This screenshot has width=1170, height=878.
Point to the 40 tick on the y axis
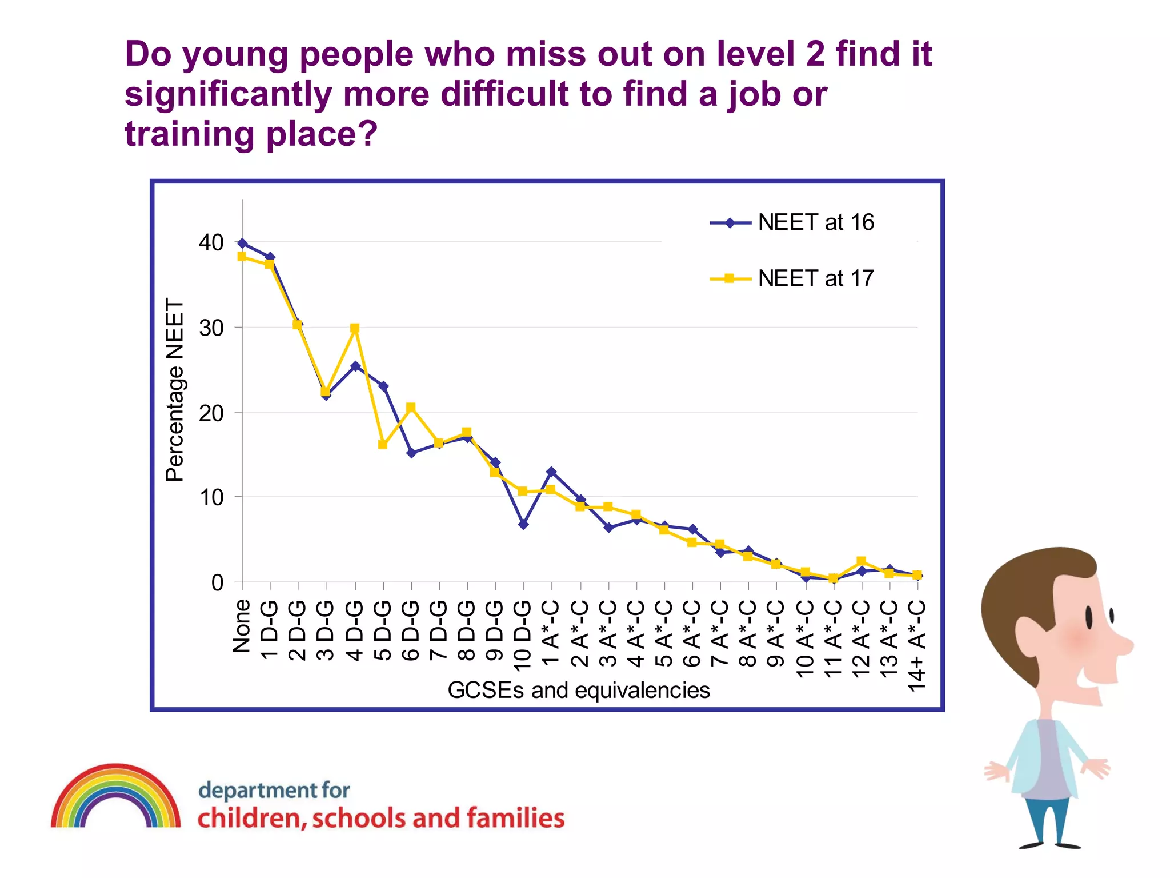pyautogui.click(x=211, y=242)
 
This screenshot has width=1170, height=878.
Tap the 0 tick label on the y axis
pyautogui.click(x=217, y=582)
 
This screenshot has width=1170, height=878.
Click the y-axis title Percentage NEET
pyautogui.click(x=175, y=390)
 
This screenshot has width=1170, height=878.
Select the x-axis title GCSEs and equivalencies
pyautogui.click(x=578, y=690)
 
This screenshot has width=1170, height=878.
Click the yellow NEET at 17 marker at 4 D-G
pyautogui.click(x=355, y=328)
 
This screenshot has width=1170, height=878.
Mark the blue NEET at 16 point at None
pyautogui.click(x=242, y=244)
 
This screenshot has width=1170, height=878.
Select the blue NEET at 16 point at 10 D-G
pyautogui.click(x=523, y=524)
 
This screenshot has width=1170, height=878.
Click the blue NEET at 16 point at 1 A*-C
pyautogui.click(x=551, y=472)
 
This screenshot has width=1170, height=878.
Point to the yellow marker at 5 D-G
pyautogui.click(x=383, y=444)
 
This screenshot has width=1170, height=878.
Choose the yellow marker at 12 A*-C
pyautogui.click(x=861, y=561)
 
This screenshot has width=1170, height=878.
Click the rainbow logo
pyautogui.click(x=116, y=797)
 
